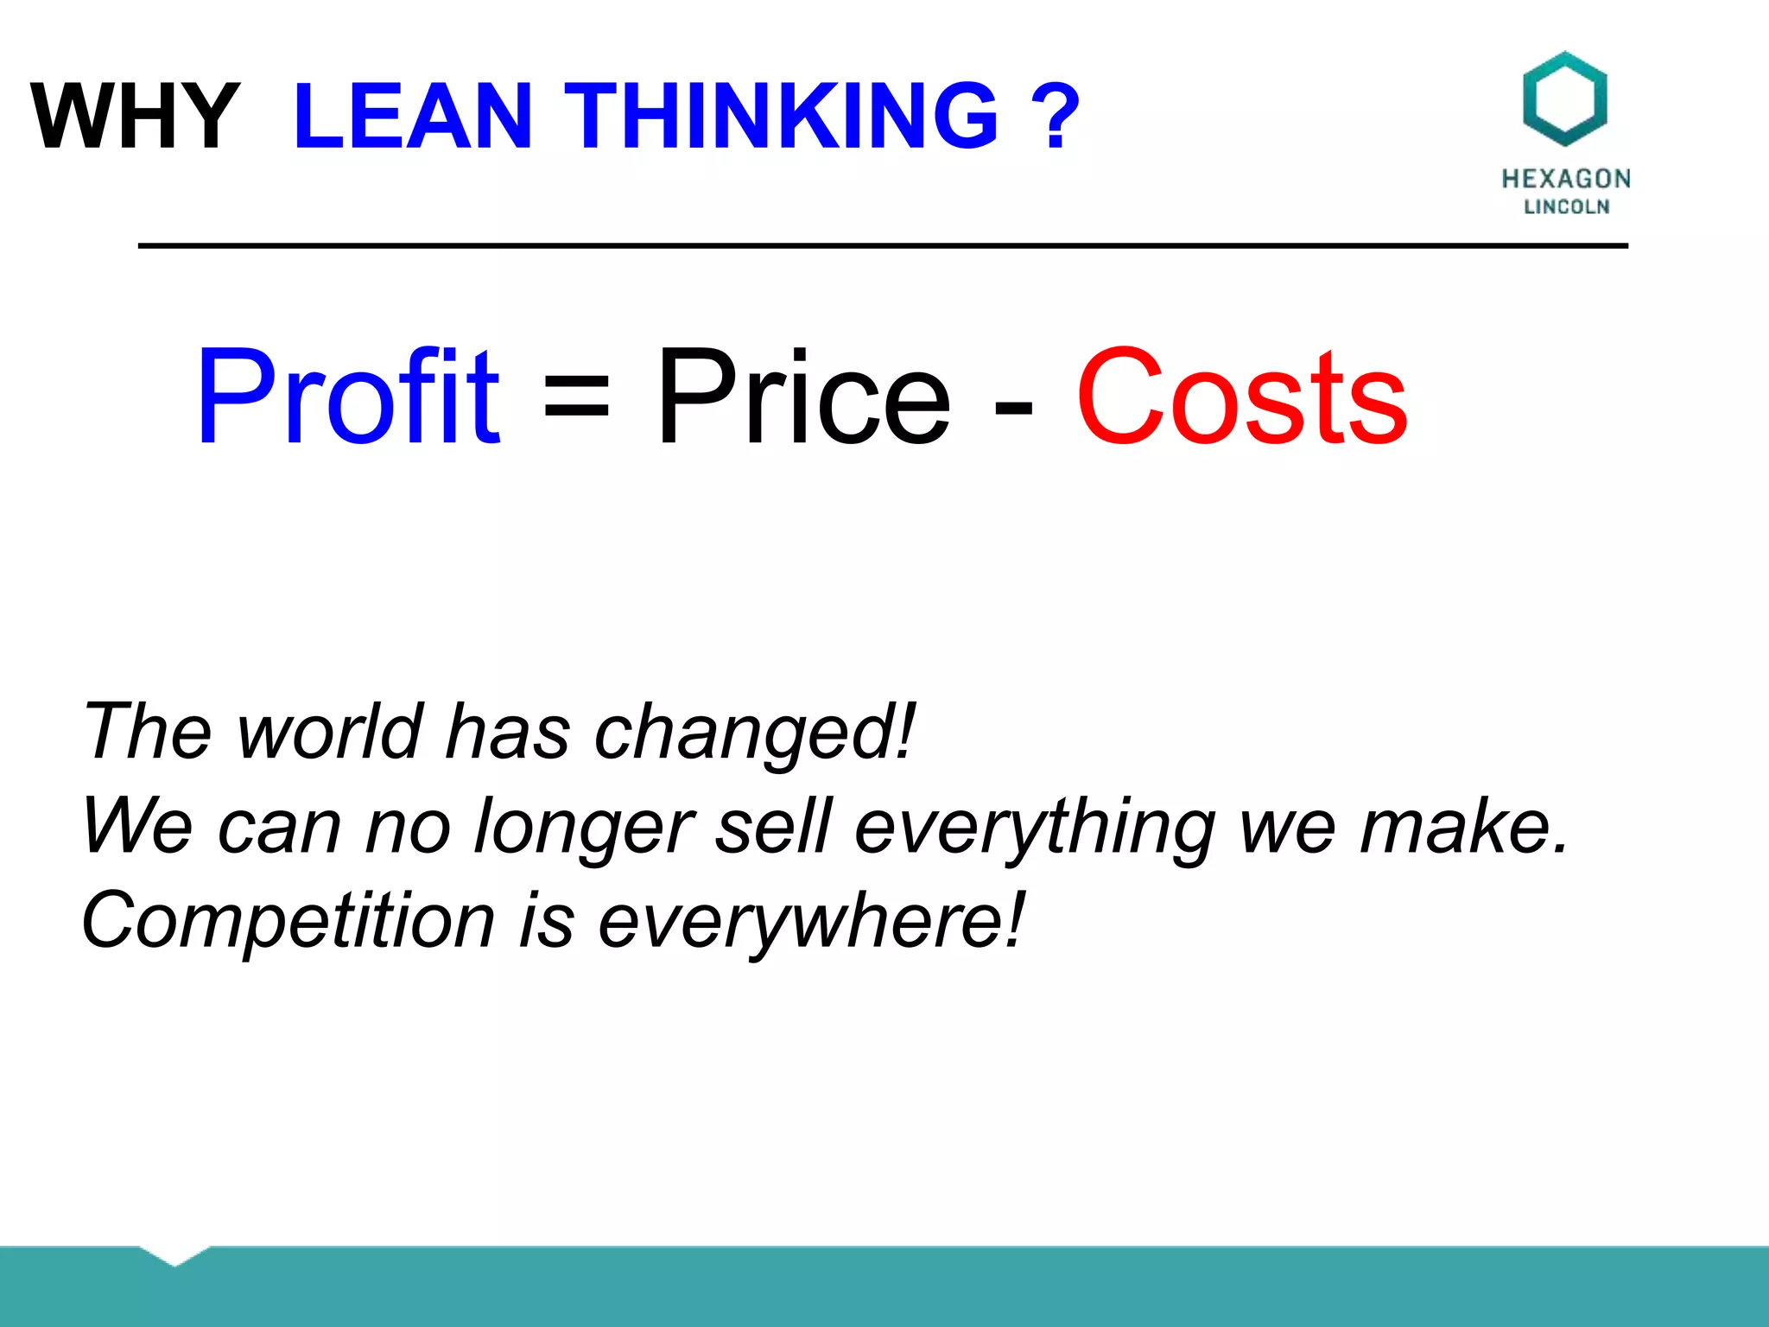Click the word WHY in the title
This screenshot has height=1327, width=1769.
136,116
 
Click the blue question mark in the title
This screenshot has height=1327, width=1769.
1056,116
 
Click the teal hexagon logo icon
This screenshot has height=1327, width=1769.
1564,98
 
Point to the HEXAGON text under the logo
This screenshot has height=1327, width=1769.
1565,179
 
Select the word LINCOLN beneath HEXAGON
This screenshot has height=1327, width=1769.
1566,206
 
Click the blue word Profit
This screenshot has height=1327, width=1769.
347,397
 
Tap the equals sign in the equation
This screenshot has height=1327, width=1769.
576,398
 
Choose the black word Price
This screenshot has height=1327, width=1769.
803,397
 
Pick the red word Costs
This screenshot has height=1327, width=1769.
1241,397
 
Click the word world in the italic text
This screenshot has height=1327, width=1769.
330,732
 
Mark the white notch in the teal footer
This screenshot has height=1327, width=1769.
174,1254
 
